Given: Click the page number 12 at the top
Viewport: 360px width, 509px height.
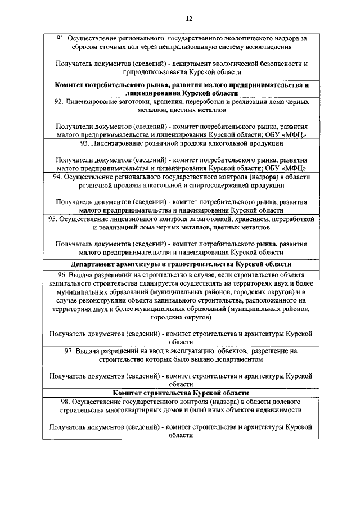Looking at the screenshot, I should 180,19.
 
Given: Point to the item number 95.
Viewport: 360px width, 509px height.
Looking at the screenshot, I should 53,218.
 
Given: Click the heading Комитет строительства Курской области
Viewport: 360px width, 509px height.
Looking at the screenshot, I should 180,393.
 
